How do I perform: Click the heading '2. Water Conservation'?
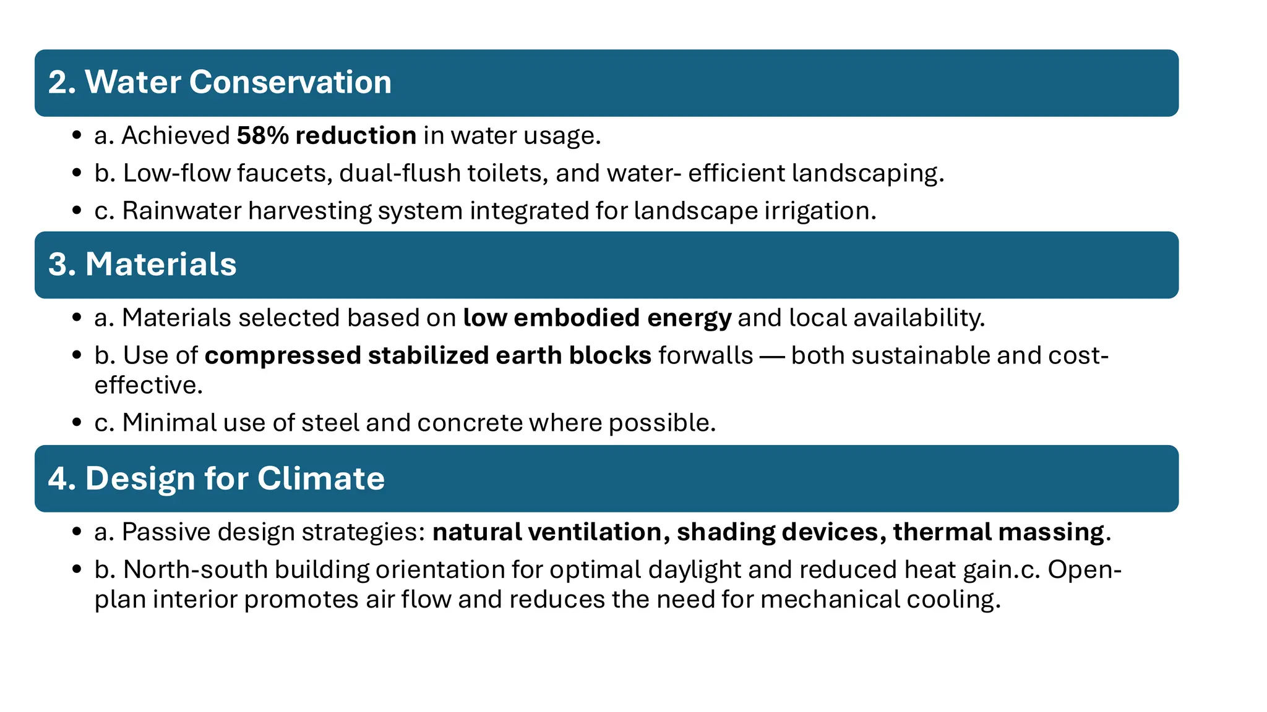(220, 82)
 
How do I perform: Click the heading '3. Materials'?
(142, 265)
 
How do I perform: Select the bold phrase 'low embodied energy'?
(597, 318)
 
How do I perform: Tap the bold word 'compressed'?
(283, 355)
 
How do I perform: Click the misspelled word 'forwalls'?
(706, 355)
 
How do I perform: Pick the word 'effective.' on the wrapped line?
(148, 385)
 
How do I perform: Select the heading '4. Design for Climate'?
(217, 478)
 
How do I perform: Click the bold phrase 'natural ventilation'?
(547, 532)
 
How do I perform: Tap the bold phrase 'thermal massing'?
(999, 532)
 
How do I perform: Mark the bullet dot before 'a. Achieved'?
(77, 135)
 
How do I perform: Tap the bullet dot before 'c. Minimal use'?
(77, 423)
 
